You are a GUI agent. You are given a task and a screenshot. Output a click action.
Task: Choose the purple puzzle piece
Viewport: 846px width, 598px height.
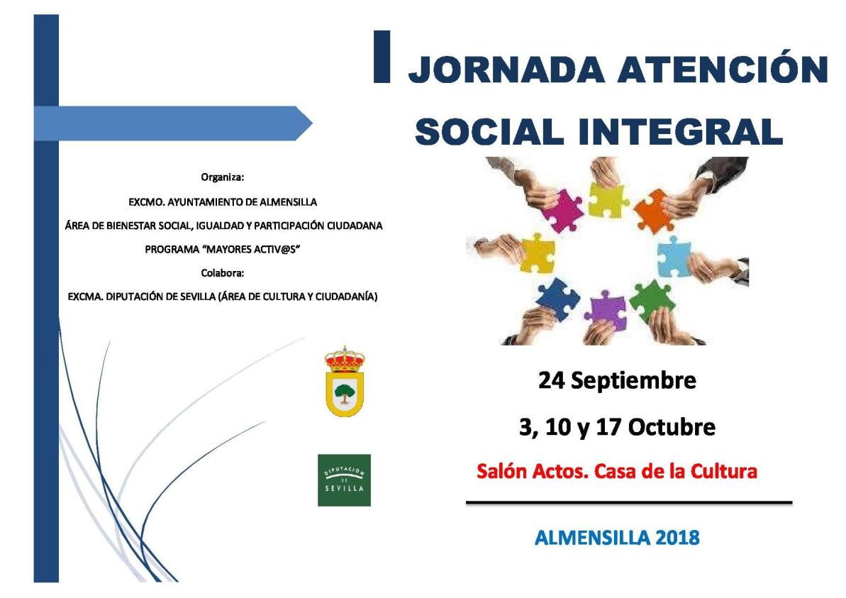pos(607,310)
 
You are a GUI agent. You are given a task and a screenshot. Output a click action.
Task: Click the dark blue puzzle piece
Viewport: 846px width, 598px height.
pos(559,297)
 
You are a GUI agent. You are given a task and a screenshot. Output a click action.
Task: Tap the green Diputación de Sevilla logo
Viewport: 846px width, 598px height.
pos(344,480)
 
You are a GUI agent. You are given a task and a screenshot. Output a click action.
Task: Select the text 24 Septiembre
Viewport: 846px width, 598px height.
pos(617,381)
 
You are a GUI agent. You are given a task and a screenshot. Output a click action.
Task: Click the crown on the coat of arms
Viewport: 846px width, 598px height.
pos(345,360)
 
